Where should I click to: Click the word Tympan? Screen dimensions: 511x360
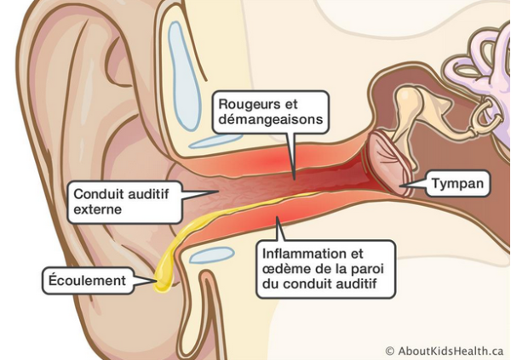(457, 184)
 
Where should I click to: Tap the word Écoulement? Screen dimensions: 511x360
(87, 281)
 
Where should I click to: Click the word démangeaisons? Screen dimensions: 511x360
(271, 119)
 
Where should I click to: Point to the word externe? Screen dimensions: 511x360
(97, 209)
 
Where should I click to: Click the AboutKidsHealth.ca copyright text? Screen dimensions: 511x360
(445, 351)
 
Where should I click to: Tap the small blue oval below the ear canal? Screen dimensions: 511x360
(212, 254)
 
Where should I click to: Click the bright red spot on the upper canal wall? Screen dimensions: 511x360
(273, 161)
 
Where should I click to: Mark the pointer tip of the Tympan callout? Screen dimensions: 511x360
(399, 186)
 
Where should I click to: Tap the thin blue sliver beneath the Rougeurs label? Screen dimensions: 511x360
(215, 140)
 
